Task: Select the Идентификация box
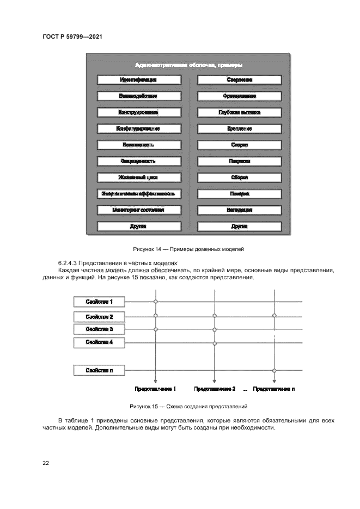138,80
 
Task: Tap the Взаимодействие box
138,96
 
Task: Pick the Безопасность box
138,145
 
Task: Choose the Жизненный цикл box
138,177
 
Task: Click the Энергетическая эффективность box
138,194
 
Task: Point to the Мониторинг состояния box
138,210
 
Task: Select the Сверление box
239,80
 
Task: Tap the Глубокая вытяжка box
239,113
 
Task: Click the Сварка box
239,145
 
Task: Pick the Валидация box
239,210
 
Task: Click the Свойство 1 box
99,302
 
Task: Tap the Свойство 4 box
99,342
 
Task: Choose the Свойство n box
99,370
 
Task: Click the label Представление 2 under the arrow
215,389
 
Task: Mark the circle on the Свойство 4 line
215,343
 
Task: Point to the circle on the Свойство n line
274,370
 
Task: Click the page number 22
46,463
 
